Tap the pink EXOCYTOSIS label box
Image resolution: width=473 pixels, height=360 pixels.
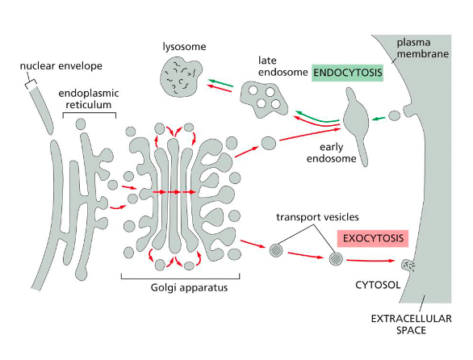click(372, 239)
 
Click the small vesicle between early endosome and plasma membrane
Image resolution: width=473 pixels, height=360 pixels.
click(394, 115)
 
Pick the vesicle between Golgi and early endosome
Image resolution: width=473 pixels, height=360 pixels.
click(270, 143)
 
